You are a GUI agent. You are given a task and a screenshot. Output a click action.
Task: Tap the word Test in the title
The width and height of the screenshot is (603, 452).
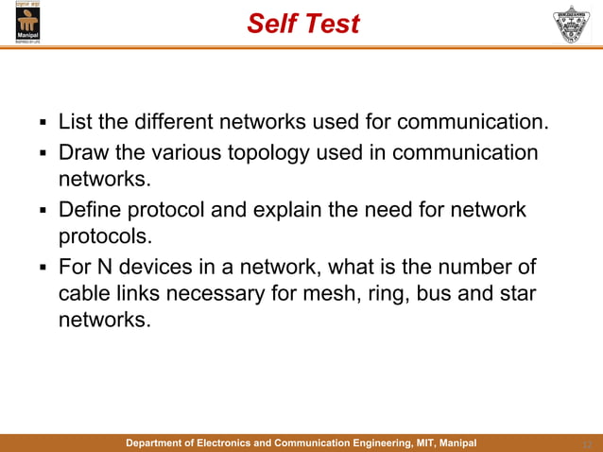tap(331, 24)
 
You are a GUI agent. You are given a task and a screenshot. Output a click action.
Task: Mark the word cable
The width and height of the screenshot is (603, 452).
tap(86, 293)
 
